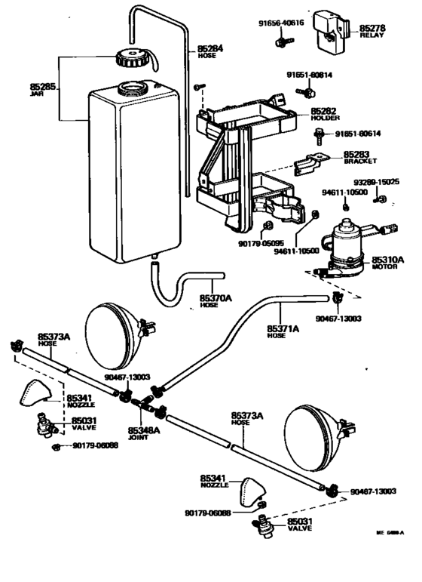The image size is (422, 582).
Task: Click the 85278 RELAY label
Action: tap(372, 31)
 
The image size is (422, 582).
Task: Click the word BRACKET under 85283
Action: tap(360, 162)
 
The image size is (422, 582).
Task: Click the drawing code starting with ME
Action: tap(390, 533)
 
